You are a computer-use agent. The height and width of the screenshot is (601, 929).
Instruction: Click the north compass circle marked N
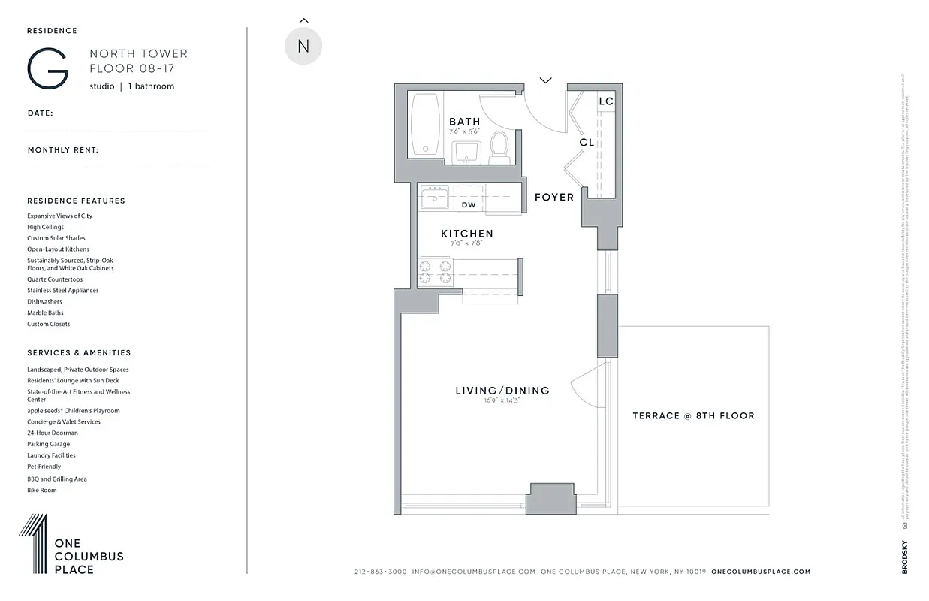click(x=303, y=46)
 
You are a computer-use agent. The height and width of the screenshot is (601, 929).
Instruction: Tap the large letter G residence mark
click(x=48, y=68)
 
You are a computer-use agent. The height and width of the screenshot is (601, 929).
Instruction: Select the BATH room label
click(x=464, y=122)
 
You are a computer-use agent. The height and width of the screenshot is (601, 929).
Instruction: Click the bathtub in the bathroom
click(x=425, y=124)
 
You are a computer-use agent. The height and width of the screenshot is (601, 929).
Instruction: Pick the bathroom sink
click(x=469, y=151)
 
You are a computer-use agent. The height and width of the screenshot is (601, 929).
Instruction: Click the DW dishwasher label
click(x=469, y=204)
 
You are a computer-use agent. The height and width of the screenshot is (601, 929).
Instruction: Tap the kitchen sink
click(x=433, y=199)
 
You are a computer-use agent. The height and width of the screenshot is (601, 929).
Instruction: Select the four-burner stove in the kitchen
click(x=435, y=272)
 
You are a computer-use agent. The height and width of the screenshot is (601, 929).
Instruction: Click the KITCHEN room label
click(x=466, y=234)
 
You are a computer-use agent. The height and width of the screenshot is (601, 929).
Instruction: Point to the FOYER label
click(x=553, y=198)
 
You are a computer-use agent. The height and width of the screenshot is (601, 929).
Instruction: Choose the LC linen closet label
click(x=606, y=101)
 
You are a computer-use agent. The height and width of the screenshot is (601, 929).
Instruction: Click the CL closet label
click(x=587, y=142)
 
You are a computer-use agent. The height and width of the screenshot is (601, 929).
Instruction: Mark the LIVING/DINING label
click(x=502, y=391)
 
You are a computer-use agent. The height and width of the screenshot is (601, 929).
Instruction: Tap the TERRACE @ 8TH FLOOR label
click(x=693, y=415)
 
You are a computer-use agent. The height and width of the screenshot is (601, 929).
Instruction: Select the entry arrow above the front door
click(x=545, y=80)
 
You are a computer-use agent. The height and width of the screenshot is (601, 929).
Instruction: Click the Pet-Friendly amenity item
click(x=44, y=467)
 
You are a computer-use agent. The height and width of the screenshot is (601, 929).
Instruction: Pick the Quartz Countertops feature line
click(x=55, y=279)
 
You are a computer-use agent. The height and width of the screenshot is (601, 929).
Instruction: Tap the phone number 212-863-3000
click(x=380, y=572)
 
